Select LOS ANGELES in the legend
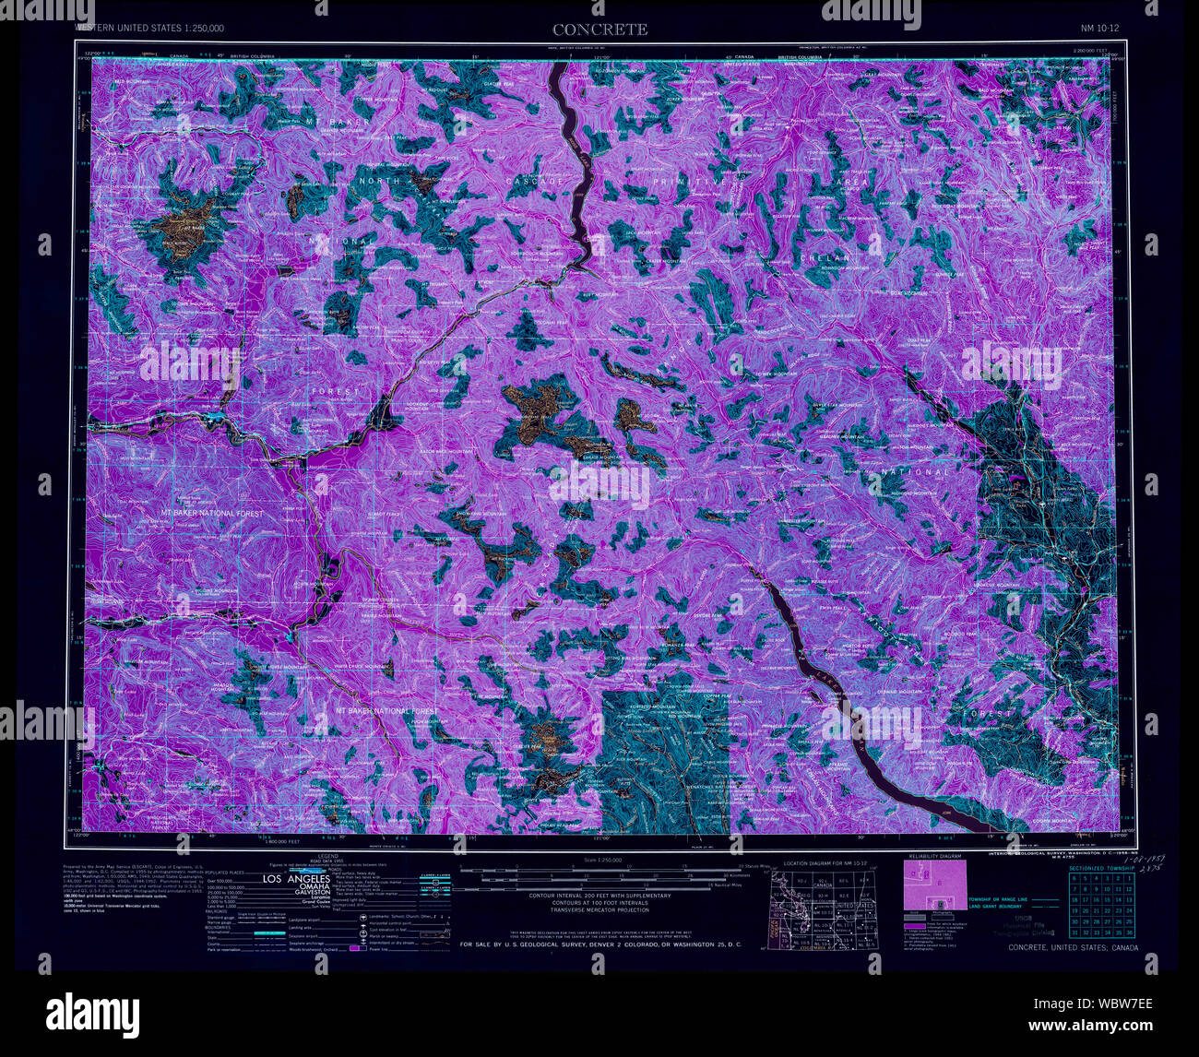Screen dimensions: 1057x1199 (x=297, y=879)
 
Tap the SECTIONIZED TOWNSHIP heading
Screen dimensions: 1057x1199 (x=1100, y=868)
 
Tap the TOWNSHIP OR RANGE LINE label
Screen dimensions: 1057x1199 (x=997, y=897)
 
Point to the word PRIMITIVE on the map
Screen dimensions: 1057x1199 (x=691, y=184)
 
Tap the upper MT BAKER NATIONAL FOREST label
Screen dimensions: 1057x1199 (x=211, y=513)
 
